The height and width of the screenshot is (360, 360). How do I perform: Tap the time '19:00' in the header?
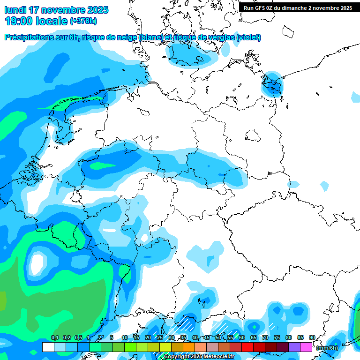pyautogui.click(x=19, y=21)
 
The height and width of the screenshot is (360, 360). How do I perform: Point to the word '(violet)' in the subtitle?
pyautogui.click(x=248, y=37)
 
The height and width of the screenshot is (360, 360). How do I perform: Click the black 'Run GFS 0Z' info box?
pyautogui.click(x=298, y=7)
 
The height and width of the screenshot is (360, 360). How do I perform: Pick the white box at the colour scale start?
pyautogui.click(x=48, y=347)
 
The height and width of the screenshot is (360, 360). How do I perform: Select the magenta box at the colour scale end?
pyautogui.click(x=306, y=347)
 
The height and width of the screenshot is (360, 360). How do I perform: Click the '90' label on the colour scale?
pyautogui.click(x=312, y=338)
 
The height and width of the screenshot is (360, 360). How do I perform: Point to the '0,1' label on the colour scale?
pyautogui.click(x=55, y=338)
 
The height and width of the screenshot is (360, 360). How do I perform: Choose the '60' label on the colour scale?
pyautogui.click(x=242, y=338)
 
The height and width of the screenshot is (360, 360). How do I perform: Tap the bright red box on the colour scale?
pyautogui.click(x=247, y=347)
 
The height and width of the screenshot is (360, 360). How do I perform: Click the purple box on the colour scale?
pyautogui.click(x=294, y=347)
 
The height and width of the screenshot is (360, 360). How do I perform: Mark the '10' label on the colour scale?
pyautogui.click(x=125, y=338)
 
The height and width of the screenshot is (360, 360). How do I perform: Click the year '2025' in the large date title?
pyautogui.click(x=97, y=9)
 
